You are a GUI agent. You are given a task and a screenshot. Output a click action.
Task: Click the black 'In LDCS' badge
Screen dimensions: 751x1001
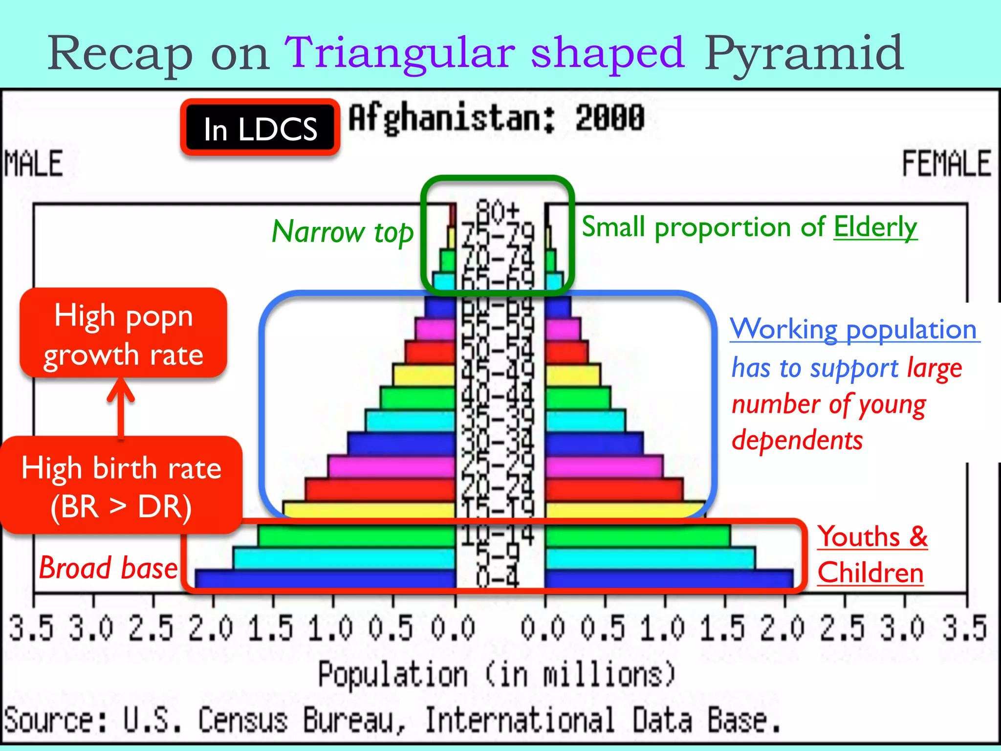point(260,128)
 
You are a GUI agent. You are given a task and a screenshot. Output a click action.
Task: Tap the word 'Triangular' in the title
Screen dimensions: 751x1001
point(399,53)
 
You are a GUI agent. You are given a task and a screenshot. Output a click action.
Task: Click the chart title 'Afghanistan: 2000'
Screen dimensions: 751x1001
point(496,118)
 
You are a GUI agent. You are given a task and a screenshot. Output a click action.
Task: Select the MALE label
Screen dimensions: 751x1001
point(34,163)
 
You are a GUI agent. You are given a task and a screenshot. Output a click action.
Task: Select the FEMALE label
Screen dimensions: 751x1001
point(946,163)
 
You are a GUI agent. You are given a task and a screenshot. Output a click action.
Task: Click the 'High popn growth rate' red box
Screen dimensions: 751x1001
point(123,334)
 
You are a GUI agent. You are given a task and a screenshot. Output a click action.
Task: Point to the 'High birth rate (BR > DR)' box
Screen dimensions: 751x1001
point(121,486)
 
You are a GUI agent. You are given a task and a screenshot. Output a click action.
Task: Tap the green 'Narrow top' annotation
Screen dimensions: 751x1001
point(342,232)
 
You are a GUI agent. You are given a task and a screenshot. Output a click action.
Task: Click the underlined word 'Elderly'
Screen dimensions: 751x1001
point(875,227)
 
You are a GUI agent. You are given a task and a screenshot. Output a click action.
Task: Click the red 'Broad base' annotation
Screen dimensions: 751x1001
point(108,568)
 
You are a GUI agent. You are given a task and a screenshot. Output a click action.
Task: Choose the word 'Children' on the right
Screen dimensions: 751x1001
point(870,573)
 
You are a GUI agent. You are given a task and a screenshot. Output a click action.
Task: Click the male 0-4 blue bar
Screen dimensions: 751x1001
point(325,578)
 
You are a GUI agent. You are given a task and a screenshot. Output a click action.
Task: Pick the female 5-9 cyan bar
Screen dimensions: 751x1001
point(650,558)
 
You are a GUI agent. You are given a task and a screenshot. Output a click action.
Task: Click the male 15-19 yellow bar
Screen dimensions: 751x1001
point(369,509)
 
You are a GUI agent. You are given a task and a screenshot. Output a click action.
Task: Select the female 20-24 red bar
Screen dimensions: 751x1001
point(613,489)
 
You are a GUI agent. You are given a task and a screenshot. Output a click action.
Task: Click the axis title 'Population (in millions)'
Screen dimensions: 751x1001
point(496,675)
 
